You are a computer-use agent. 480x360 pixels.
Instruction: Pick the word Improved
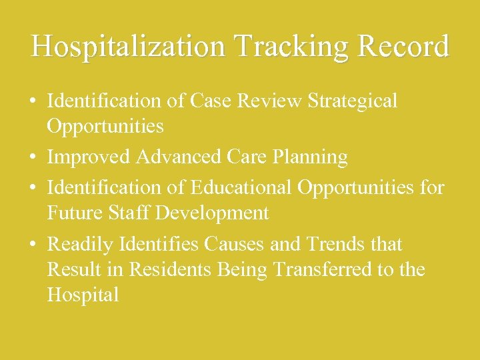click(89, 157)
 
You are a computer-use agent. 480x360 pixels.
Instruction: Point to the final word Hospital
click(83, 295)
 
